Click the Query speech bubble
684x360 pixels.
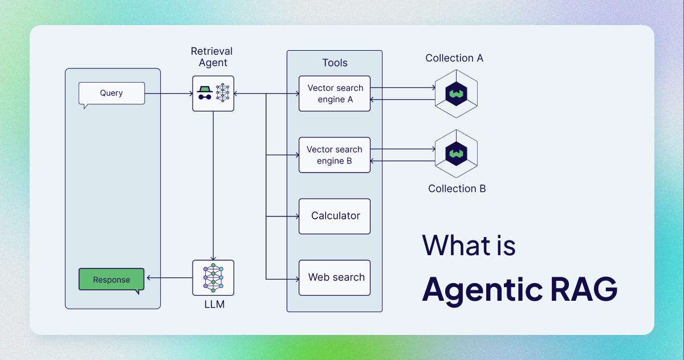coord(111,93)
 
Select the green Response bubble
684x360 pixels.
coord(111,280)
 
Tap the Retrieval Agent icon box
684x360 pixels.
coord(213,93)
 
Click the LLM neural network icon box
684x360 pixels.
coord(213,277)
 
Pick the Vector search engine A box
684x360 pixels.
coord(335,93)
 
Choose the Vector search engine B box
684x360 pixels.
coord(335,155)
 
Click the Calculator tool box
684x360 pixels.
coord(335,216)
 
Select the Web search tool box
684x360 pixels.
coord(335,277)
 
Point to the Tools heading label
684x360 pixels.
coord(335,63)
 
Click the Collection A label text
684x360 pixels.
coord(454,58)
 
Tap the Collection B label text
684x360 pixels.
coord(457,189)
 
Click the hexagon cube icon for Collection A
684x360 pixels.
coord(456,93)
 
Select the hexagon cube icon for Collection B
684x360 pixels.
coord(456,154)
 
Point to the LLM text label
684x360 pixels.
coord(214,304)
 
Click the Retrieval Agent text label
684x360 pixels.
coord(212,57)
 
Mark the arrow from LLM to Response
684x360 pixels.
coord(169,278)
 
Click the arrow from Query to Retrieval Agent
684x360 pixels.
coord(169,93)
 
